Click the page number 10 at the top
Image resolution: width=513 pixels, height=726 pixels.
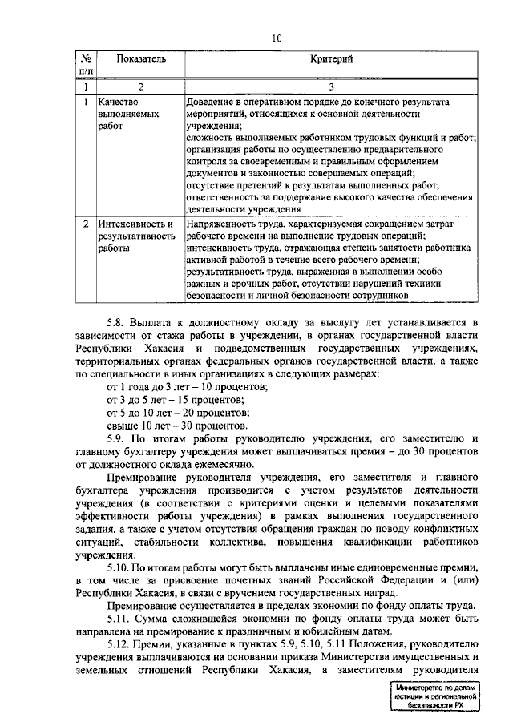(277, 38)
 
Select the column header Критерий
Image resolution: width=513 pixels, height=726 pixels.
(331, 59)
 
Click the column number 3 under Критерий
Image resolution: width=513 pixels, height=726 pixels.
(331, 87)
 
